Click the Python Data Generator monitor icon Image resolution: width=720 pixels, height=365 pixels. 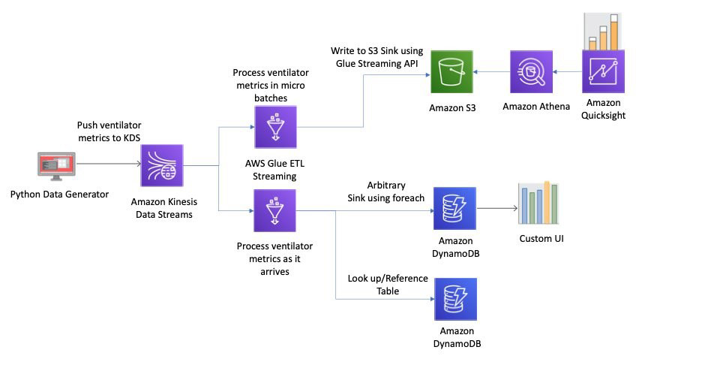pos(56,166)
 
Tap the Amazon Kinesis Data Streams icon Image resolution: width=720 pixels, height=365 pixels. pos(162,165)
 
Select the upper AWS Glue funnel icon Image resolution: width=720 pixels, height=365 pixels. pos(275,127)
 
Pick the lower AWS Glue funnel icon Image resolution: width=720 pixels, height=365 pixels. pos(274,210)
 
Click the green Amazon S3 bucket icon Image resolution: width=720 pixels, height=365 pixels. pos(451,71)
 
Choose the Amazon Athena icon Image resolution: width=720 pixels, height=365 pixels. pos(531,71)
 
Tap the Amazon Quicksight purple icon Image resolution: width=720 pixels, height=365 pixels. pos(603,71)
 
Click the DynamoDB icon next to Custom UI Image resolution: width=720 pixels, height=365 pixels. pos(454,208)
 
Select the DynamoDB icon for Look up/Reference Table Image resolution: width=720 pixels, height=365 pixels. pos(455,299)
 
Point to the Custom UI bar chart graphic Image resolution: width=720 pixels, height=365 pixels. pos(538,203)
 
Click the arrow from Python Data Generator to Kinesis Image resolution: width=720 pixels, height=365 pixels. pos(108,164)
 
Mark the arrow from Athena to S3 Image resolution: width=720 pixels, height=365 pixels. pos(491,71)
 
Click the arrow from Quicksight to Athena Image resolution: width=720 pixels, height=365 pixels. pos(567,71)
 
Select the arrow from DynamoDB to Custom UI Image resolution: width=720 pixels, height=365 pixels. pos(496,208)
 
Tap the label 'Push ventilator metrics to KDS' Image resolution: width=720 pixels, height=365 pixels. pos(109,131)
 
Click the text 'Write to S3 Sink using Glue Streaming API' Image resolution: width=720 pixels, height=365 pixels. pos(377,57)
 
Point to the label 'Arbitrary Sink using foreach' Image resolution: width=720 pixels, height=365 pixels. pos(385,192)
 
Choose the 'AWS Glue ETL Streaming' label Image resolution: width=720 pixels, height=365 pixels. pos(274,170)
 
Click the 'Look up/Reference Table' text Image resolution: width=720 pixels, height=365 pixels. pos(388,285)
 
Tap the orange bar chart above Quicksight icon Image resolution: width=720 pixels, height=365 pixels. pos(602,32)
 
